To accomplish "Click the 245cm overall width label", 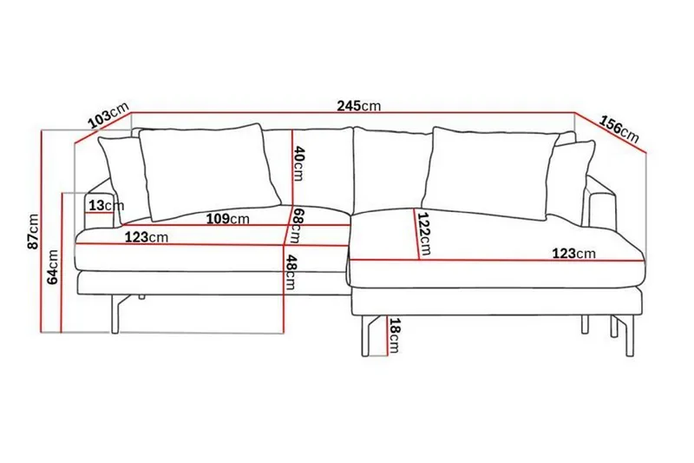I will coord(359,106).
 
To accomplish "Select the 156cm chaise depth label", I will coord(619,127).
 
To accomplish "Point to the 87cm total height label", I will coord(32,230).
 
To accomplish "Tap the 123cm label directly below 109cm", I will coord(145,236).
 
